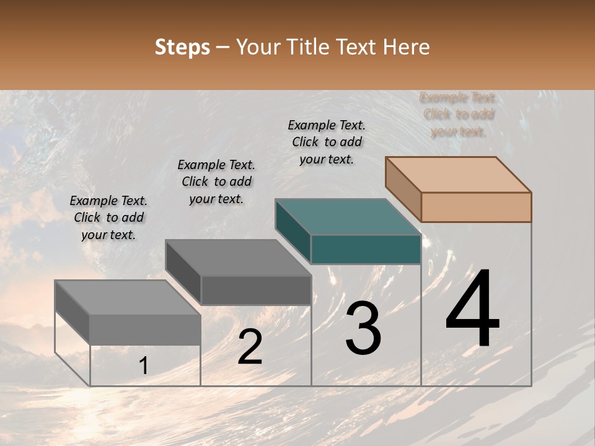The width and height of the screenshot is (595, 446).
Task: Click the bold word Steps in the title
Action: click(182, 47)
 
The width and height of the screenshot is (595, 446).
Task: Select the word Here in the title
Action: click(407, 47)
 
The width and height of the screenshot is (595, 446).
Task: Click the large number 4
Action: click(472, 310)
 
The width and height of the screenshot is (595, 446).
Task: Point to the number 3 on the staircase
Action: click(363, 328)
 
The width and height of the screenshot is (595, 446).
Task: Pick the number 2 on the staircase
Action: click(250, 347)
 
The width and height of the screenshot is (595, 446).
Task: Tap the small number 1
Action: click(144, 366)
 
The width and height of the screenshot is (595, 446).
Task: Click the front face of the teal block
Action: click(366, 249)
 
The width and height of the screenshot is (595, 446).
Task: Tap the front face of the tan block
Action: click(476, 207)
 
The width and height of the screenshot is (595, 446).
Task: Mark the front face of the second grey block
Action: click(256, 290)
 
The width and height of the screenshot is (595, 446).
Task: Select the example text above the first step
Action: click(108, 217)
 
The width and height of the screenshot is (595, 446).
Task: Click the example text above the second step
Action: click(216, 181)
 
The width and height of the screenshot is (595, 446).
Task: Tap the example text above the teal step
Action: click(327, 142)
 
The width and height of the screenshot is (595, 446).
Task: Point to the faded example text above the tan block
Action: click(458, 115)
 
